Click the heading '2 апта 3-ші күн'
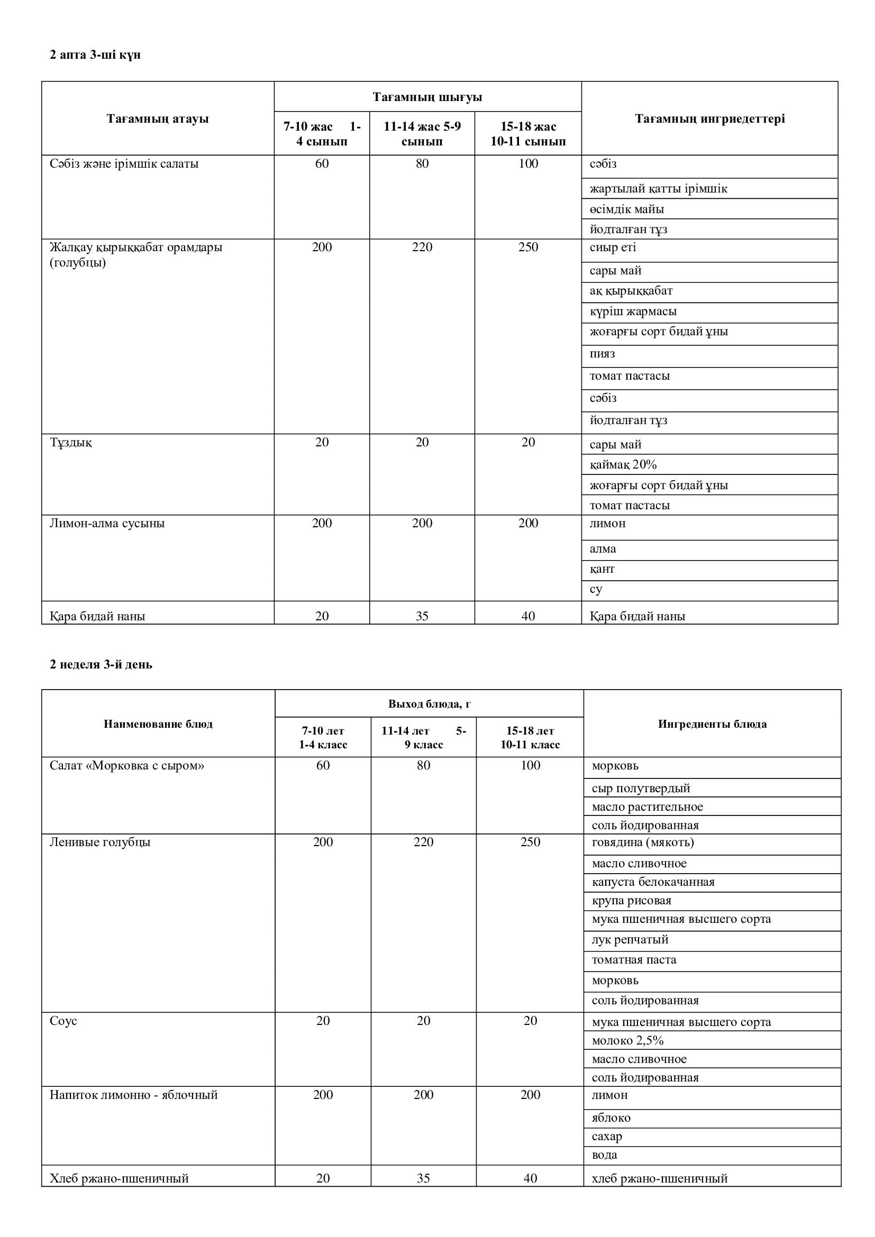pos(95,55)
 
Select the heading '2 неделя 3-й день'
pos(101,664)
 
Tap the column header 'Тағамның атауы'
pos(157,118)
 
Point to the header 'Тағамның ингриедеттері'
pos(709,118)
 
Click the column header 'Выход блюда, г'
pos(430,703)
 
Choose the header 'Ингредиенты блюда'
pos(712,723)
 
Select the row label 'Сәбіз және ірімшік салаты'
pos(124,164)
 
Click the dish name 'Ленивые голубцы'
pos(99,841)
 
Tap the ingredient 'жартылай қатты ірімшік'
pos(658,189)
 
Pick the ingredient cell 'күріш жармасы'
pos(633,311)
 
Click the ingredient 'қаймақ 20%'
pos(623,464)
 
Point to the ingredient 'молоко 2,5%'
pos(627,1040)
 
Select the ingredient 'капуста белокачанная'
pos(652,882)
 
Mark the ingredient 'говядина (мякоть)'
pos(642,841)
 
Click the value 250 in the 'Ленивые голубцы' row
pos(530,841)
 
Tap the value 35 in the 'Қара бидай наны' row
pos(422,616)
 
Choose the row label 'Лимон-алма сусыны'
pos(107,523)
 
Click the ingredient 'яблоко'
pos(611,1117)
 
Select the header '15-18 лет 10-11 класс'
pos(530,737)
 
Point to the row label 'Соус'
pos(63,1020)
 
